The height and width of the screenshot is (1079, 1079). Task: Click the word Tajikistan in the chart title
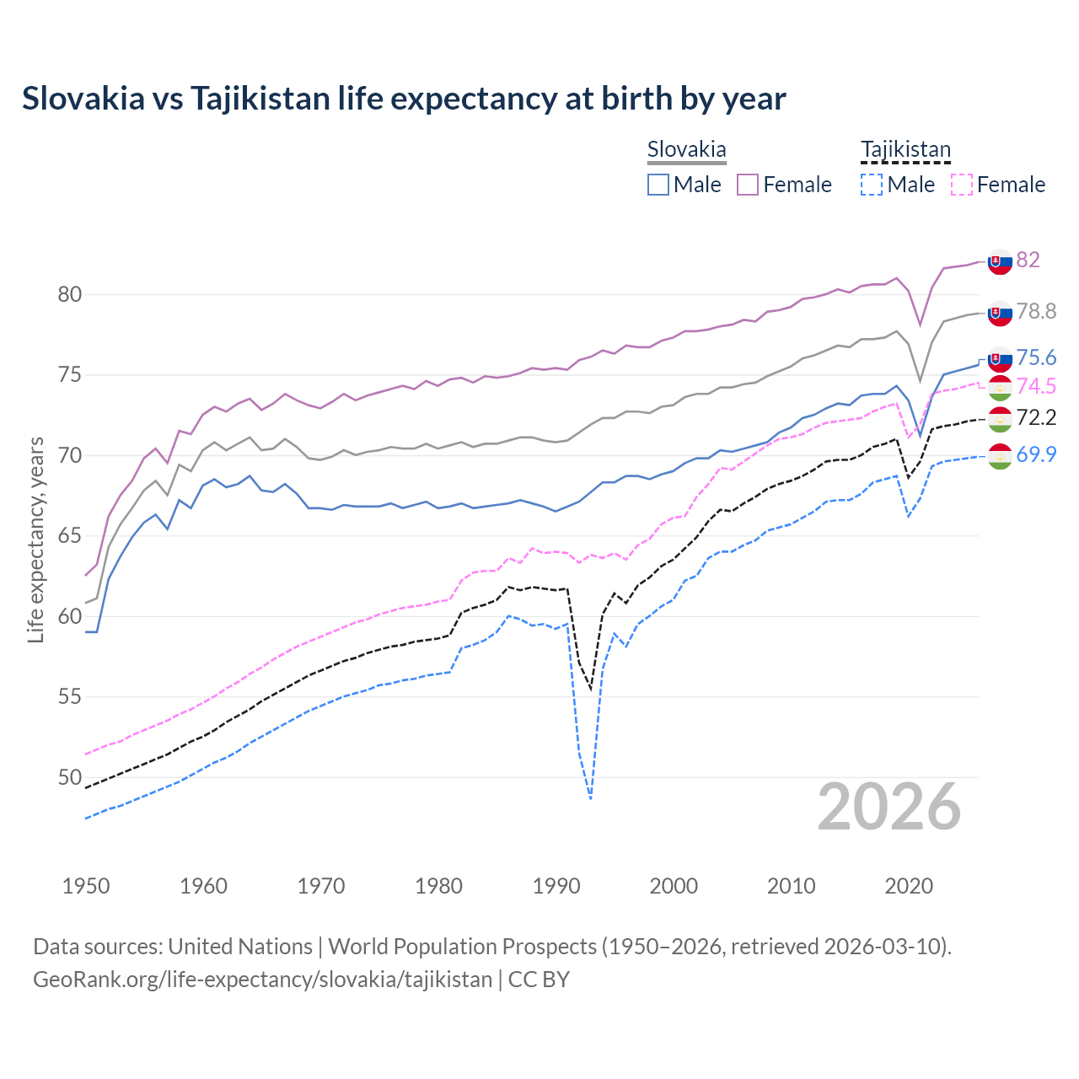tap(260, 99)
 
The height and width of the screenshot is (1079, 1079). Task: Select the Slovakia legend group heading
tap(686, 150)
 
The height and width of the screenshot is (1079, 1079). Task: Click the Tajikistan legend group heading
tap(905, 150)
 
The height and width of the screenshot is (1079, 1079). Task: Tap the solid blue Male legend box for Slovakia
tap(658, 185)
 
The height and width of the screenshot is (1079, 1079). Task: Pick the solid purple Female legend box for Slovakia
tap(748, 185)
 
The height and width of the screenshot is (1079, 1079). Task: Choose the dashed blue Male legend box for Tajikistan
tap(872, 185)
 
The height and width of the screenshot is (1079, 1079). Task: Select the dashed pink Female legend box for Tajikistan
tap(962, 185)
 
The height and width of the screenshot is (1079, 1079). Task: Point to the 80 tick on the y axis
tap(69, 295)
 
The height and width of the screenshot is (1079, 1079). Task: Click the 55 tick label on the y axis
tap(69, 697)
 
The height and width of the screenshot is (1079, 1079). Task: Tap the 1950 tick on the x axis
tap(86, 886)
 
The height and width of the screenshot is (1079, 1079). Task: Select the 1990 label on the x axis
tap(556, 886)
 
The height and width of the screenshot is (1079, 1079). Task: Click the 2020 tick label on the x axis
tap(909, 886)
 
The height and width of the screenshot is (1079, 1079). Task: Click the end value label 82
tap(1028, 260)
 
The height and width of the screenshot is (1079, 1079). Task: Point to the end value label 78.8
tap(1036, 311)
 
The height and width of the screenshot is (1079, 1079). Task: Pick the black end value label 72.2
tap(1036, 417)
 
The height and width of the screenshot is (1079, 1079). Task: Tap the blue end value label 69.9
tap(1036, 454)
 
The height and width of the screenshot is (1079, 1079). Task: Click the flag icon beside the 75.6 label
tap(1000, 358)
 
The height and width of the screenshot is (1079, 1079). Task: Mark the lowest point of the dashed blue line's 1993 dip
tap(591, 797)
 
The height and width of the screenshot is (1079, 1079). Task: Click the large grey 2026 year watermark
tap(889, 807)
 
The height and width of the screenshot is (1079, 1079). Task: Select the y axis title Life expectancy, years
tap(36, 539)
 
